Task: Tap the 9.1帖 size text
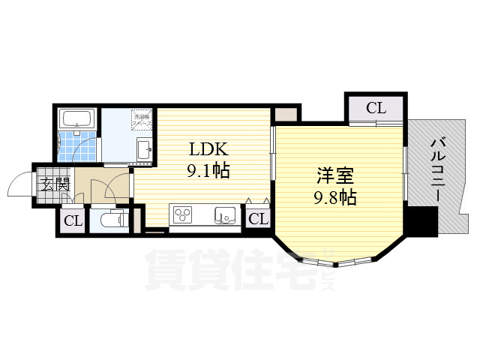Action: coord(208,171)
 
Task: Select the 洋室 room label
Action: coord(334,176)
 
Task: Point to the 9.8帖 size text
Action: coord(334,198)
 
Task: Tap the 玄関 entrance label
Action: coord(54,184)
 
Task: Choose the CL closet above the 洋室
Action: coord(376,108)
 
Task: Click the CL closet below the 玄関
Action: coord(73,221)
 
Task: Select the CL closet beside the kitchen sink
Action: coord(257,219)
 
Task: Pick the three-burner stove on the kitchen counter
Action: coord(183,215)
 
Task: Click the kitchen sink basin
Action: coord(224,215)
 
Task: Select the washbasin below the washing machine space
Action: coord(143,149)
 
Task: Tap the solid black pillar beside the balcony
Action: coord(422,221)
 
